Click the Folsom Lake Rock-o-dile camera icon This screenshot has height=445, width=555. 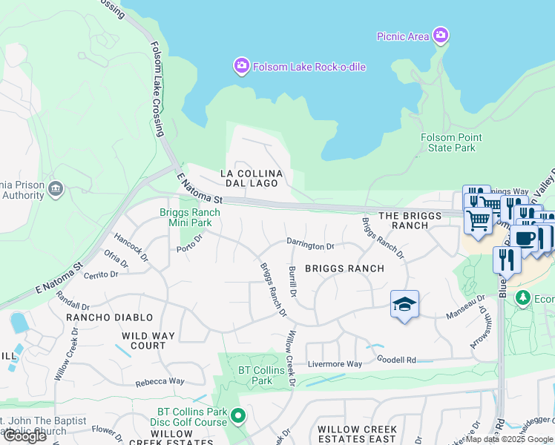point(241,67)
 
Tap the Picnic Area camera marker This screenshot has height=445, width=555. point(441,35)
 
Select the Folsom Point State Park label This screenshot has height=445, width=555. point(451,142)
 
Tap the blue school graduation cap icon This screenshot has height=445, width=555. point(404,304)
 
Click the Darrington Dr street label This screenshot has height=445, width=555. point(311,245)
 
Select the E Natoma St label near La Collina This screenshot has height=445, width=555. point(200,189)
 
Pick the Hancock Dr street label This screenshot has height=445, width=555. point(131,248)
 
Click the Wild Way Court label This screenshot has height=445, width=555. point(148,340)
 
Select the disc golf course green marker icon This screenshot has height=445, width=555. point(238,415)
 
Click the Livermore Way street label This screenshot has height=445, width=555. point(336,364)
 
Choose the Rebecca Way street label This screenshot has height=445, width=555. point(160,382)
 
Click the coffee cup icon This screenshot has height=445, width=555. point(524,238)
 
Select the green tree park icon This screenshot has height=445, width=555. point(524,298)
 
